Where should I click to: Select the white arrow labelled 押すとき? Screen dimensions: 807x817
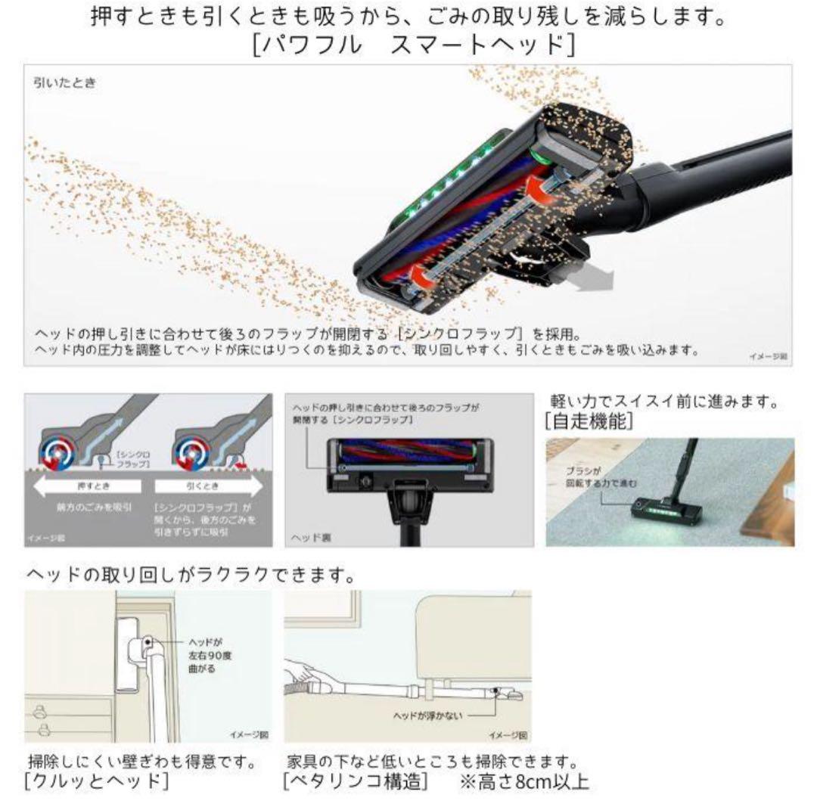click(86, 486)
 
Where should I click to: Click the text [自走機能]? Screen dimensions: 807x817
click(589, 422)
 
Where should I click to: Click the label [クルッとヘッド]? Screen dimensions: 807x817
click(97, 780)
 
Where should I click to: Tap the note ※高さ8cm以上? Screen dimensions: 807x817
click(523, 780)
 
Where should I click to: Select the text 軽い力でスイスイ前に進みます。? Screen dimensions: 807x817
click(663, 402)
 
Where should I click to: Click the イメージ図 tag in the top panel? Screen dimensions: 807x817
click(767, 354)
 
